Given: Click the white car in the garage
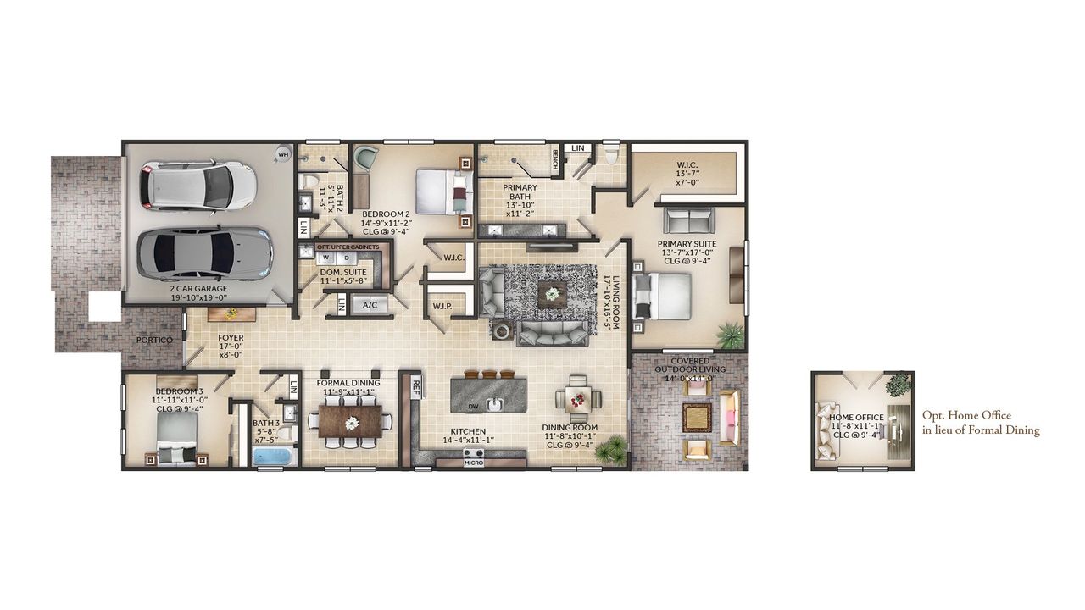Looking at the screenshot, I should click(200, 185).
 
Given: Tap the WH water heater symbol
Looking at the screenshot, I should click(283, 154).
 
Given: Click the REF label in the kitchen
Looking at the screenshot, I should click(416, 385).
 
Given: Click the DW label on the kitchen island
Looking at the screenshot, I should click(473, 407).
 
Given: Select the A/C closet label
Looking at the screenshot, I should click(370, 305).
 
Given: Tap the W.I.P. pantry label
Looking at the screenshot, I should click(442, 305).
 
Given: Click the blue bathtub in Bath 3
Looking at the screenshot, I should click(272, 457).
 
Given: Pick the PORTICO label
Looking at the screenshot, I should click(154, 341).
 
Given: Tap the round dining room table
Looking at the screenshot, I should click(578, 398).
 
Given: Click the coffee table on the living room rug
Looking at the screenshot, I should click(553, 294).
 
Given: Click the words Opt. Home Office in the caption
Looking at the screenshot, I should click(966, 416).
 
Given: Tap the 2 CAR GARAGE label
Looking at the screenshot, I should click(198, 289).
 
